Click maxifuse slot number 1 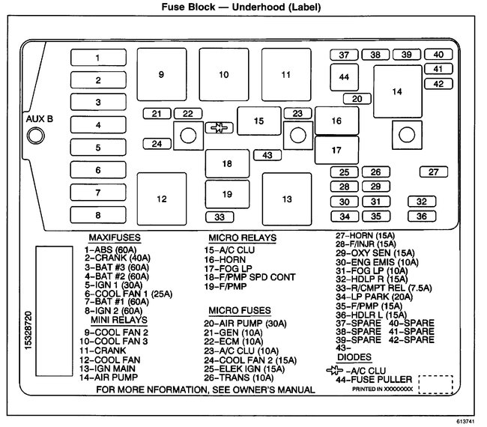click(98, 58)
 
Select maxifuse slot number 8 click(98, 215)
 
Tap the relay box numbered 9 click(161, 74)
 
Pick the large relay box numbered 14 click(397, 91)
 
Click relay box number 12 click(161, 199)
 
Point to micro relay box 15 click(258, 121)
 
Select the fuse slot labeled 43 click(267, 155)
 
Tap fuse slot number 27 click(433, 172)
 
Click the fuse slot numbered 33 click(220, 217)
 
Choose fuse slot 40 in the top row click(438, 55)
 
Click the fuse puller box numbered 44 click(344, 77)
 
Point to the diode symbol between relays click(219, 128)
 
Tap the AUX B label click(40, 119)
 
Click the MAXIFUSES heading click(114, 237)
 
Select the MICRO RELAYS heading click(243, 237)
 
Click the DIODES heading click(354, 357)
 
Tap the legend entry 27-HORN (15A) click(365, 235)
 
